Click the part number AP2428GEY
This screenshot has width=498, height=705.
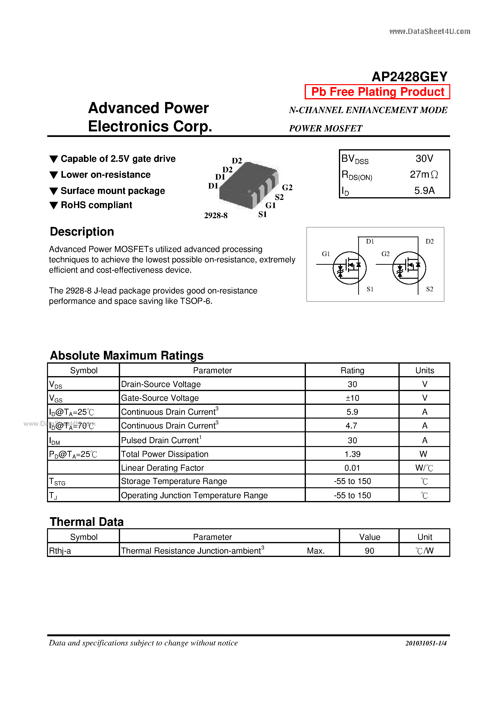[409, 76]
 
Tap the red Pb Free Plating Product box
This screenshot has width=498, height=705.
[377, 92]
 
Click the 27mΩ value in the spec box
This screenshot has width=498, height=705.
[424, 174]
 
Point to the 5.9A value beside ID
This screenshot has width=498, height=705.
[424, 190]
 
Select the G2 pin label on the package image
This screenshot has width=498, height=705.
[287, 187]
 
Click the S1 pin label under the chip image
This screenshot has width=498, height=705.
[262, 214]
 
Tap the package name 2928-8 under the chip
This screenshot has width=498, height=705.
[216, 216]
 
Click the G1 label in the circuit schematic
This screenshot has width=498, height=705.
[326, 254]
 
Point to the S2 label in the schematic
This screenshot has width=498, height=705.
[430, 289]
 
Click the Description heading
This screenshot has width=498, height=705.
[82, 231]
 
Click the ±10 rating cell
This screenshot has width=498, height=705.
[352, 398]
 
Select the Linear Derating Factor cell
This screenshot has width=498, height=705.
[162, 468]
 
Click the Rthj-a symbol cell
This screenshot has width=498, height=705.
[60, 551]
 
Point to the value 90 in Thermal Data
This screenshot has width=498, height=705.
[369, 551]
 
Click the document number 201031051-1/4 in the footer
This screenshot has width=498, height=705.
[426, 643]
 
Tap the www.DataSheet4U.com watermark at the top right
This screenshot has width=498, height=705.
[430, 31]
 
